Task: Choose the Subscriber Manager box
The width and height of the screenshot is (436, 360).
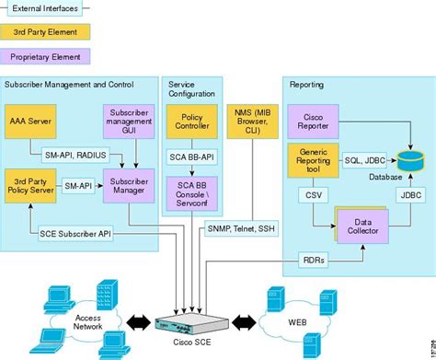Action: [126, 185]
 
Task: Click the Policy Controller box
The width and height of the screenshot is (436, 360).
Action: [191, 121]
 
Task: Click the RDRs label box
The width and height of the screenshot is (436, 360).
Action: [313, 261]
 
